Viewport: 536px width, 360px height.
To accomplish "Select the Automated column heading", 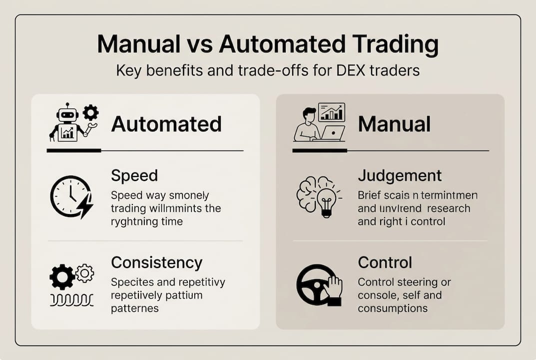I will (166, 124).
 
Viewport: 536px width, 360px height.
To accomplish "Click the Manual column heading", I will (394, 124).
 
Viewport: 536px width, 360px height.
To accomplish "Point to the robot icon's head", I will (67, 115).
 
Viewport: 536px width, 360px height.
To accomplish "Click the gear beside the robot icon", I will (90, 112).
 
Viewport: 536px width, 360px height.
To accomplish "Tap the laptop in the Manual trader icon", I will (333, 133).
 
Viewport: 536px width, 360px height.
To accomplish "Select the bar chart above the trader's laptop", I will (331, 112).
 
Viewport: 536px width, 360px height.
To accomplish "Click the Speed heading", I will (134, 175).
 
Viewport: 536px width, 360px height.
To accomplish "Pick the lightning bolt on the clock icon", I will (85, 205).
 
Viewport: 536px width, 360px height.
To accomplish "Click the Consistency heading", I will (156, 262).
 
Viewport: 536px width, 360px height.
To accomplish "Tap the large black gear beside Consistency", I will (62, 276).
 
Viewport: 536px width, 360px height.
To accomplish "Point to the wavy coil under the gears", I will (71, 299).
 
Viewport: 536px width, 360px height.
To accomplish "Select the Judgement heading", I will (400, 175).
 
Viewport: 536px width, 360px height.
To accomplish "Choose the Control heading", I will (385, 262).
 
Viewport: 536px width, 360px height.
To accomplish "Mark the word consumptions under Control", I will (393, 308).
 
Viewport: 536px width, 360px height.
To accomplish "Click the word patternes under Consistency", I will (135, 308).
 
